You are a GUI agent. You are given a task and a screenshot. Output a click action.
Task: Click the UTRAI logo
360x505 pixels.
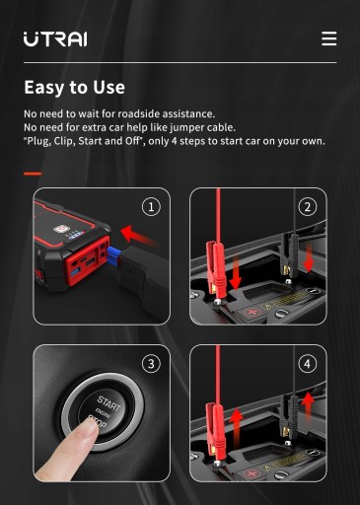pos(55,39)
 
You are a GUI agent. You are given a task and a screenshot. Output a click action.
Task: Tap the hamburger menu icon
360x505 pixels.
pos(329,38)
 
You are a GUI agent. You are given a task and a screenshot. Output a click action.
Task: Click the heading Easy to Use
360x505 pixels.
pos(75,88)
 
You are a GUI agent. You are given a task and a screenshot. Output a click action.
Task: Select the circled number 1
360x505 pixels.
pos(151,207)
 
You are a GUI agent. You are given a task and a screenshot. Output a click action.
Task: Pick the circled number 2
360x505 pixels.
pos(308,207)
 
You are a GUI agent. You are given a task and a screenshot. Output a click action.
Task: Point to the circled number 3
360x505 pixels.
pos(151,364)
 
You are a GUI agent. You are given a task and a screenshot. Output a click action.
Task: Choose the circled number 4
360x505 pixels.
pos(308,364)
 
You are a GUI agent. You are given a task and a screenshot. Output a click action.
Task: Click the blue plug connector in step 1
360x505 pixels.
pos(113,254)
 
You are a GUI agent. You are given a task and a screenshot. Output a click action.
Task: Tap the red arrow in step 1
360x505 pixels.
pos(137,235)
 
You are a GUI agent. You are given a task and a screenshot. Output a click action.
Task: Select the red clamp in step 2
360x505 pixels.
pos(215,265)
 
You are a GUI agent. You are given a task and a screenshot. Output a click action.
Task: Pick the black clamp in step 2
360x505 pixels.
pos(289,252)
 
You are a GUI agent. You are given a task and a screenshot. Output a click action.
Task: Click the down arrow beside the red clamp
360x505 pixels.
pos(236,271)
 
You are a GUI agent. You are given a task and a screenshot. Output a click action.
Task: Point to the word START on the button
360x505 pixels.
pos(108,403)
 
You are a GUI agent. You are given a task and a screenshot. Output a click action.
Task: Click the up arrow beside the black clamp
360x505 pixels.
pos(308,407)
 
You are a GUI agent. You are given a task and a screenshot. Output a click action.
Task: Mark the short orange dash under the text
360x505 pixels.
pos(33,174)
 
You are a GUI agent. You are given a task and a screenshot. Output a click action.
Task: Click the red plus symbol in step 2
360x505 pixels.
pos(252,312)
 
